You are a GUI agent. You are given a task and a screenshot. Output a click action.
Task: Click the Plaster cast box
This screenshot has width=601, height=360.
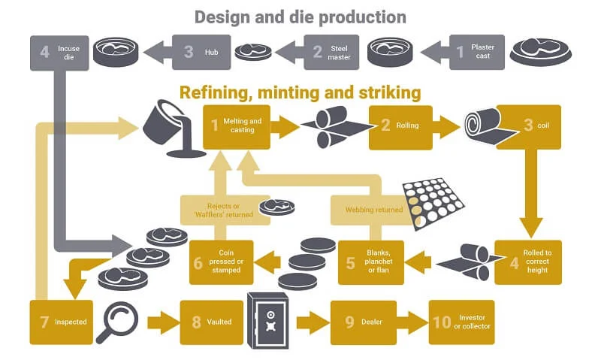point(477,52)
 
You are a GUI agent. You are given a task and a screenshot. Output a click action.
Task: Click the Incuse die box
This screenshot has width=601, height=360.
point(59,52)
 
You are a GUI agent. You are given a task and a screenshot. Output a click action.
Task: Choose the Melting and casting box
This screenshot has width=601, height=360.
point(236,126)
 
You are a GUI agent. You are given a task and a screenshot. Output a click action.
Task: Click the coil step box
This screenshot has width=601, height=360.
point(528,126)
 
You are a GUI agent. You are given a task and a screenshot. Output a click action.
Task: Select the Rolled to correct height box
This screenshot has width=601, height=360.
point(527,262)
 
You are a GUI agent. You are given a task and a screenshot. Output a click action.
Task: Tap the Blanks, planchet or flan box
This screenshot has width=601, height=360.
point(371,262)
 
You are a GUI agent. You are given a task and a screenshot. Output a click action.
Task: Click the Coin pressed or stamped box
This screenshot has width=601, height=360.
point(221,262)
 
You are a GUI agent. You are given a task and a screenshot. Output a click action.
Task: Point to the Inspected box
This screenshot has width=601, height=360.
point(62,322)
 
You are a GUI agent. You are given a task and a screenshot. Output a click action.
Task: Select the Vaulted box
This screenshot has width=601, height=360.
point(208,322)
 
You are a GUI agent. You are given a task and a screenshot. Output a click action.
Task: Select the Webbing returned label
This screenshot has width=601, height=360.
point(368,210)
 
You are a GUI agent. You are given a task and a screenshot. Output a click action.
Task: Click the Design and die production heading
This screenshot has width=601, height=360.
point(300,17)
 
